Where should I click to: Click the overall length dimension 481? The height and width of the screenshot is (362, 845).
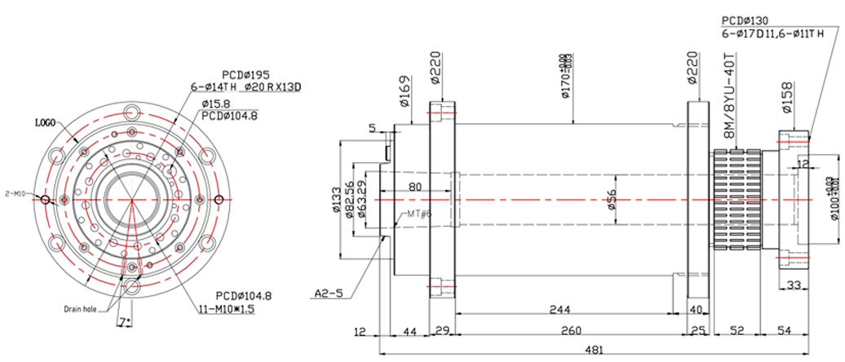(595, 350)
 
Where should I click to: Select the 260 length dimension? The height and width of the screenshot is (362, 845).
(570, 331)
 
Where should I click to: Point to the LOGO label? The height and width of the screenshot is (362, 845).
(44, 122)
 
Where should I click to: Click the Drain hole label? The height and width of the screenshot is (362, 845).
(81, 309)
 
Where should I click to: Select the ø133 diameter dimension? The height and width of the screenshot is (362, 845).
(338, 200)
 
